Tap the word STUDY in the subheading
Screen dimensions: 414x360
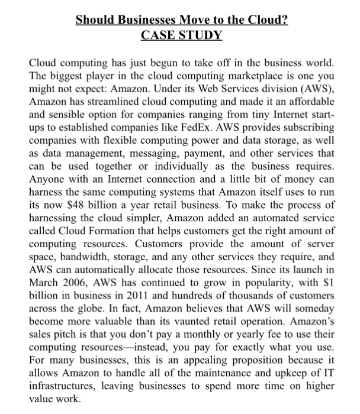click(x=202, y=35)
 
